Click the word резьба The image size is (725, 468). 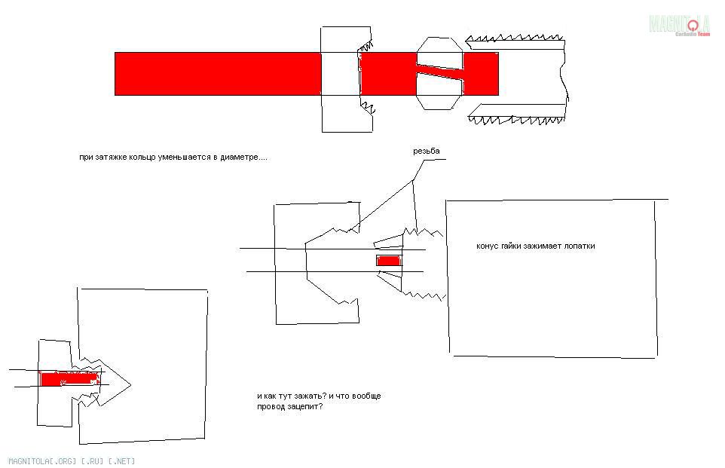427,151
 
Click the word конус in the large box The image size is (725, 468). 488,246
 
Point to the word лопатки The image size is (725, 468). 580,246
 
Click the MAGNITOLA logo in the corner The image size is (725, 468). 680,26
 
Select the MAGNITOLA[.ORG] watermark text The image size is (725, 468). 42,461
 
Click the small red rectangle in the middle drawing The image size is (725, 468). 388,261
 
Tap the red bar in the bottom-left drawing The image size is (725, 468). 69,379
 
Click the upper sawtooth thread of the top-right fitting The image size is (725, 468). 515,39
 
